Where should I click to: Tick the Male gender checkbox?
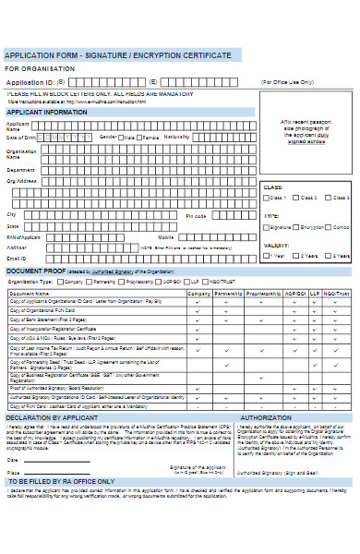point(123,137)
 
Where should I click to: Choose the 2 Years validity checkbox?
point(297,256)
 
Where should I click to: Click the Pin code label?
point(197,215)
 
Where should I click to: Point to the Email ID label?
point(17,258)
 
